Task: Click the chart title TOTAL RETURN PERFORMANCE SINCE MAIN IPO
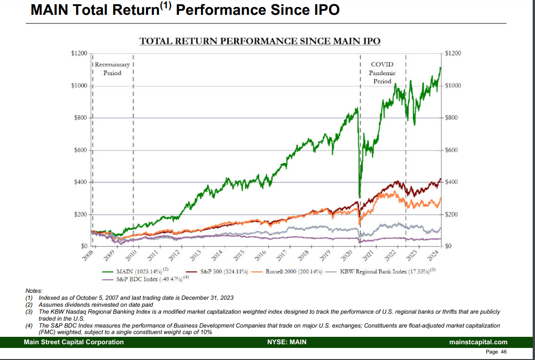260,41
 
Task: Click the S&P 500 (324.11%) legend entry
223,271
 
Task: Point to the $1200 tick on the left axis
79,53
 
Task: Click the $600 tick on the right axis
452,150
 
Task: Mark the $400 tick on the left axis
81,182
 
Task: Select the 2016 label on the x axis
260,255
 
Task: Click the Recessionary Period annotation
112,69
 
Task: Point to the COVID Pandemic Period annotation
382,73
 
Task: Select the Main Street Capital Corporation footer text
74,342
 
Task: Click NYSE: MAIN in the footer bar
287,342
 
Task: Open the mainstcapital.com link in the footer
478,342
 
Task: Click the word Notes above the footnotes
34,291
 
